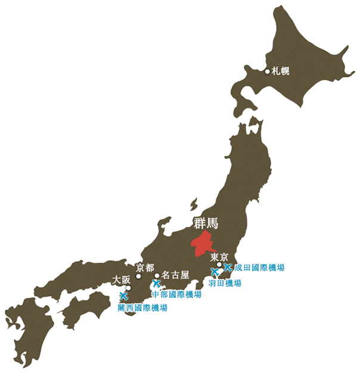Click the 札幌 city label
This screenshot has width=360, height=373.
281,71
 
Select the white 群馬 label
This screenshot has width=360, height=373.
206,224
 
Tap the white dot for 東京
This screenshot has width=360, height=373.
219,265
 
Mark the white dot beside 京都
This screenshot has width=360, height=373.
138,276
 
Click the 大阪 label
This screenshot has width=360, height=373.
122,279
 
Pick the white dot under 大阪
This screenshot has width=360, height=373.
128,287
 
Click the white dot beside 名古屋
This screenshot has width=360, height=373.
157,276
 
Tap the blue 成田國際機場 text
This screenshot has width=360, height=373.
259,268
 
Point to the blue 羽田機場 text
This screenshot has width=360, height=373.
225,283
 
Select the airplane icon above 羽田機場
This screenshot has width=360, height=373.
215,272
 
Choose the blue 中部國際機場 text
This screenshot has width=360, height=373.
177,294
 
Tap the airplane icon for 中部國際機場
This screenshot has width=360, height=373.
157,284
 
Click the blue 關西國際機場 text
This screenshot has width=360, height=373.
142,308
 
